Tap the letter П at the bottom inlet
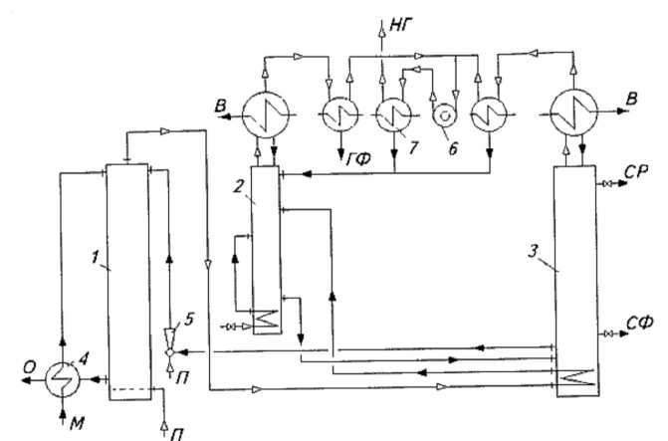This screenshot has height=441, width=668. point(173,429)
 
